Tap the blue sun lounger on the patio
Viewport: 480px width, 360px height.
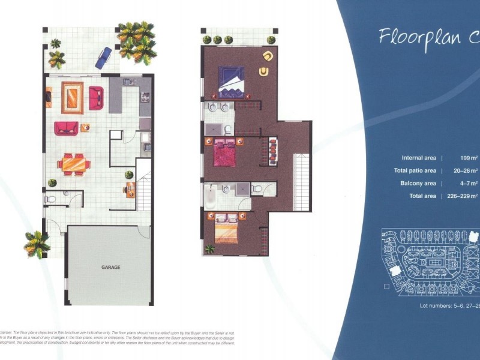(104, 58)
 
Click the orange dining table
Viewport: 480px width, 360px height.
(74, 163)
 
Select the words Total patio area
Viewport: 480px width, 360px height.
(415, 170)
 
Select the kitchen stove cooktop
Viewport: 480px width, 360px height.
(145, 97)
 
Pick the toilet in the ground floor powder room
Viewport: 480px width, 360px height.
(51, 199)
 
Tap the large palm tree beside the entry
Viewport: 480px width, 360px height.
(37, 244)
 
